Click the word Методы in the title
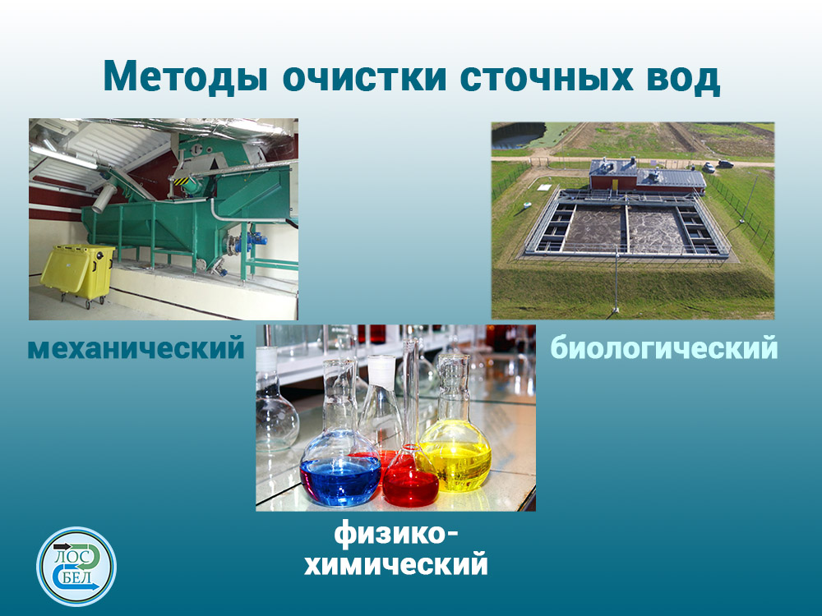(185, 77)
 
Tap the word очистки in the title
(365, 77)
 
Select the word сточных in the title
(547, 77)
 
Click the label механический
(136, 347)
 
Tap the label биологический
(663, 347)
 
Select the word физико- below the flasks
(396, 535)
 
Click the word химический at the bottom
(396, 565)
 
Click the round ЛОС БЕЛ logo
(76, 566)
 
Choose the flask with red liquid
(410, 461)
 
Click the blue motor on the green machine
(256, 241)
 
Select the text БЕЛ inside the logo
(76, 578)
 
